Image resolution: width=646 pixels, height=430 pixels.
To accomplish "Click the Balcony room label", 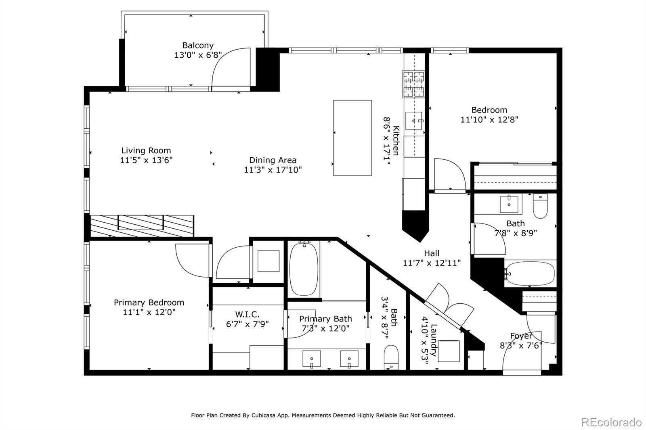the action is [198, 45].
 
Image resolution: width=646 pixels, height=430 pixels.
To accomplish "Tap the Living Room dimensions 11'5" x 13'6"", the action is [146, 160].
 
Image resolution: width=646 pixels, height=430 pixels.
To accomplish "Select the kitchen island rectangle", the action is [352, 138].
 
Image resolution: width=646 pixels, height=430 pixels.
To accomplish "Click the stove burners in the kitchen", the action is [413, 84].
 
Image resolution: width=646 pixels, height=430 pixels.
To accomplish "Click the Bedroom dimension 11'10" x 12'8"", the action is [489, 120].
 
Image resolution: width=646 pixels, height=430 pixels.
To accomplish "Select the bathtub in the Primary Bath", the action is [304, 269].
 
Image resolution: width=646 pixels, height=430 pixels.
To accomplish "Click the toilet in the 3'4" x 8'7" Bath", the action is [391, 357].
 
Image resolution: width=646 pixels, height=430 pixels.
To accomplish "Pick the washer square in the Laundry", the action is [449, 351].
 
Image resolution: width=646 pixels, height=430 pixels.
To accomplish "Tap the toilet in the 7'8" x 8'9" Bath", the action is [540, 206].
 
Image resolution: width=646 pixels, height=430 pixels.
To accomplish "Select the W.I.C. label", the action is [247, 314].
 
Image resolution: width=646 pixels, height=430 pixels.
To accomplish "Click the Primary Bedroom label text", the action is [149, 302].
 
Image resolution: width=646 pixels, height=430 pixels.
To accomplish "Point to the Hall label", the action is [432, 253].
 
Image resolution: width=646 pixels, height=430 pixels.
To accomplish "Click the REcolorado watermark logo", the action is [611, 422].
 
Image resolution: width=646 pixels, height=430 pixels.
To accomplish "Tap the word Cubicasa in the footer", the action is [263, 415].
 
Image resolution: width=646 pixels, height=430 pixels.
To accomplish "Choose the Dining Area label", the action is [273, 160].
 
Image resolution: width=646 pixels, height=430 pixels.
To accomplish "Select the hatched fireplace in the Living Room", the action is [142, 226].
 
